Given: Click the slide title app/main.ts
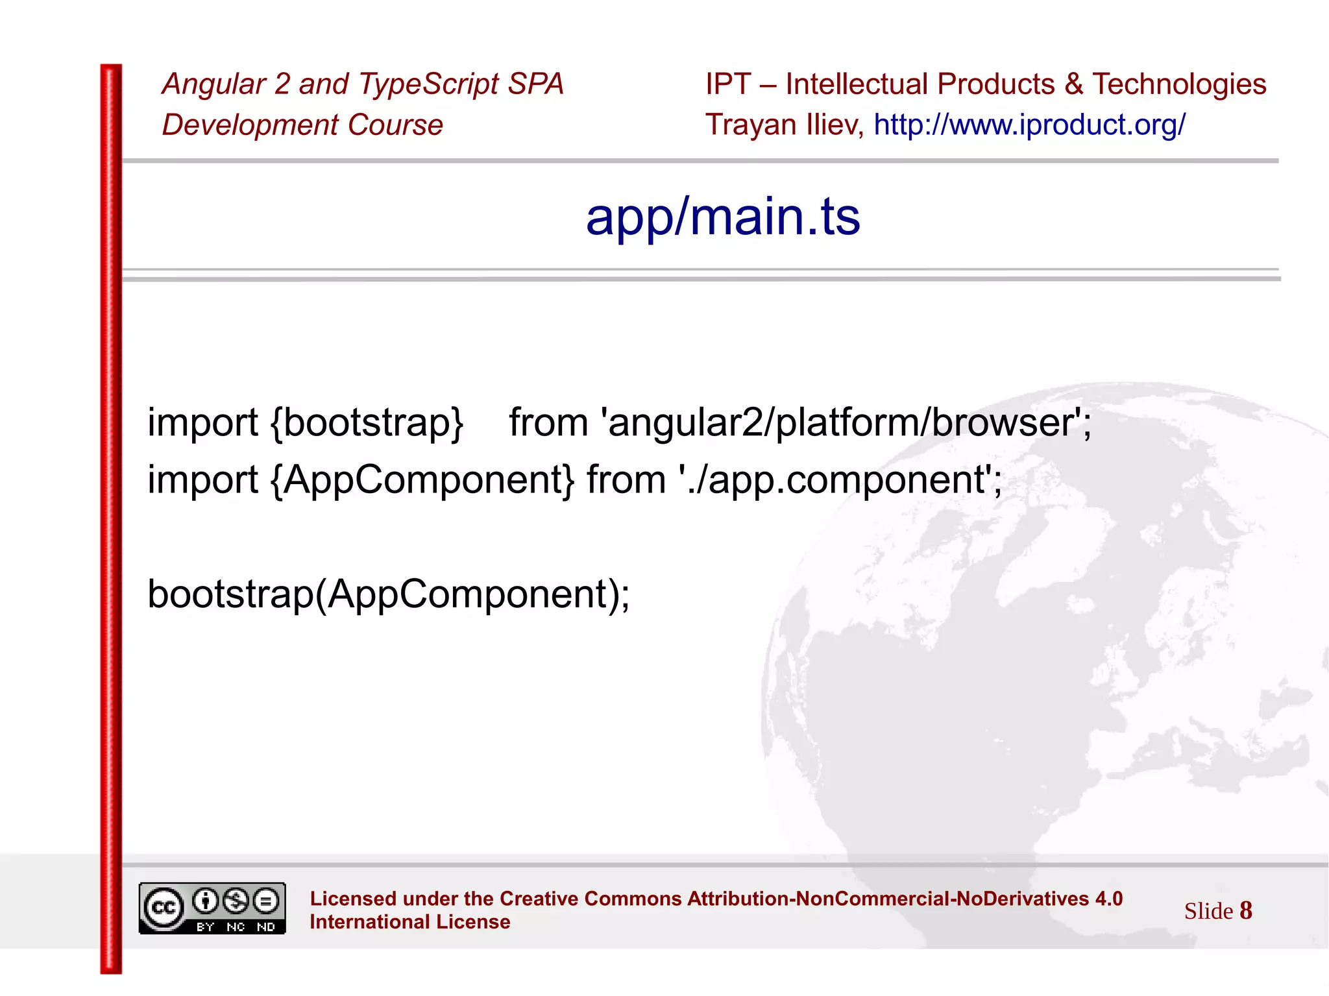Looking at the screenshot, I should [x=722, y=217].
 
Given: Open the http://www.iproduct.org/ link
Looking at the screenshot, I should [x=1029, y=125].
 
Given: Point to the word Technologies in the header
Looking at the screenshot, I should [x=1178, y=84].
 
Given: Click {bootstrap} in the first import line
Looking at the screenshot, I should [x=367, y=423].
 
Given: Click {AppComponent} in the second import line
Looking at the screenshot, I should [x=422, y=480].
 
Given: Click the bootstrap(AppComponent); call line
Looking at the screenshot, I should [x=388, y=594].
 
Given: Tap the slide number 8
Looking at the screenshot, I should [x=1245, y=910].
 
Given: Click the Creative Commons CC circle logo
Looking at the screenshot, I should [x=163, y=907].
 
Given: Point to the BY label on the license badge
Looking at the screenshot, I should [x=205, y=927].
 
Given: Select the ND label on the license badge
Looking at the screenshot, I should [x=266, y=927].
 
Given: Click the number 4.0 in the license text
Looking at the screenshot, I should [x=1108, y=899].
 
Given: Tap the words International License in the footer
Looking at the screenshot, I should [x=409, y=922].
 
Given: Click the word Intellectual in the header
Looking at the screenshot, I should [x=857, y=84].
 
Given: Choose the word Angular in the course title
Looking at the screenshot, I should [x=213, y=84].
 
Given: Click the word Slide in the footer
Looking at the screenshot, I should [x=1208, y=911].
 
